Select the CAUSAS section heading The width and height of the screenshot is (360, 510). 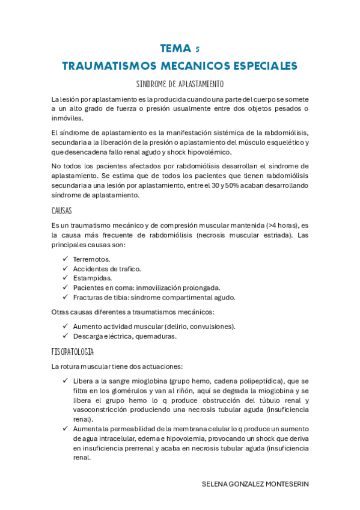pyautogui.click(x=62, y=210)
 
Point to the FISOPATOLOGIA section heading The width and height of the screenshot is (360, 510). pyautogui.click(x=73, y=351)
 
